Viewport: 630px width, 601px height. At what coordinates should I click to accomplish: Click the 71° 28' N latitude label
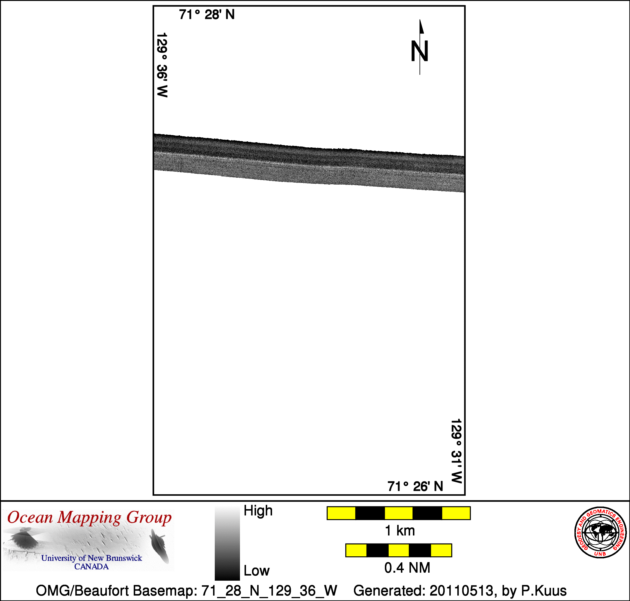coord(207,15)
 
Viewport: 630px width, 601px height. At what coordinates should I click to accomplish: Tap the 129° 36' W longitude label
coord(162,65)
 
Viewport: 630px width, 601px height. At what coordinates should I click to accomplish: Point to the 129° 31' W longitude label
coord(456,451)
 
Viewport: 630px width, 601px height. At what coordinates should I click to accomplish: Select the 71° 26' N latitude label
coord(415,486)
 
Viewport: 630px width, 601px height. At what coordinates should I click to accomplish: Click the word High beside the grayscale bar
coord(258,510)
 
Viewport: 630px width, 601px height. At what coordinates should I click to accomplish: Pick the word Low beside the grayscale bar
coord(257,571)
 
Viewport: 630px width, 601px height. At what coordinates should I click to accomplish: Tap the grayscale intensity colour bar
coord(227,543)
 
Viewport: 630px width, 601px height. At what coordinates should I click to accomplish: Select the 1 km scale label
coord(400,531)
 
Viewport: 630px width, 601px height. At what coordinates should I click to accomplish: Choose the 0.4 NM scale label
coord(407,568)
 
